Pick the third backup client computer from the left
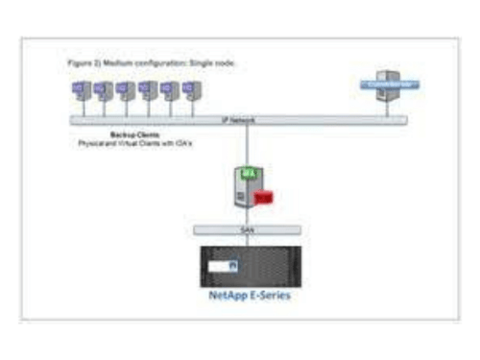[x=124, y=90]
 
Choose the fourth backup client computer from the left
[x=147, y=90]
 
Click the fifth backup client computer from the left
[x=169, y=90]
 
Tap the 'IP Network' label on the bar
[x=239, y=120]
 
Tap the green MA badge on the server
[x=248, y=172]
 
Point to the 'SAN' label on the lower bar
[x=249, y=230]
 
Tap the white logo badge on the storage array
[x=223, y=264]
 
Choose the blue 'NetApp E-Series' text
[x=249, y=296]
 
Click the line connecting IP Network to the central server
[x=249, y=144]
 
